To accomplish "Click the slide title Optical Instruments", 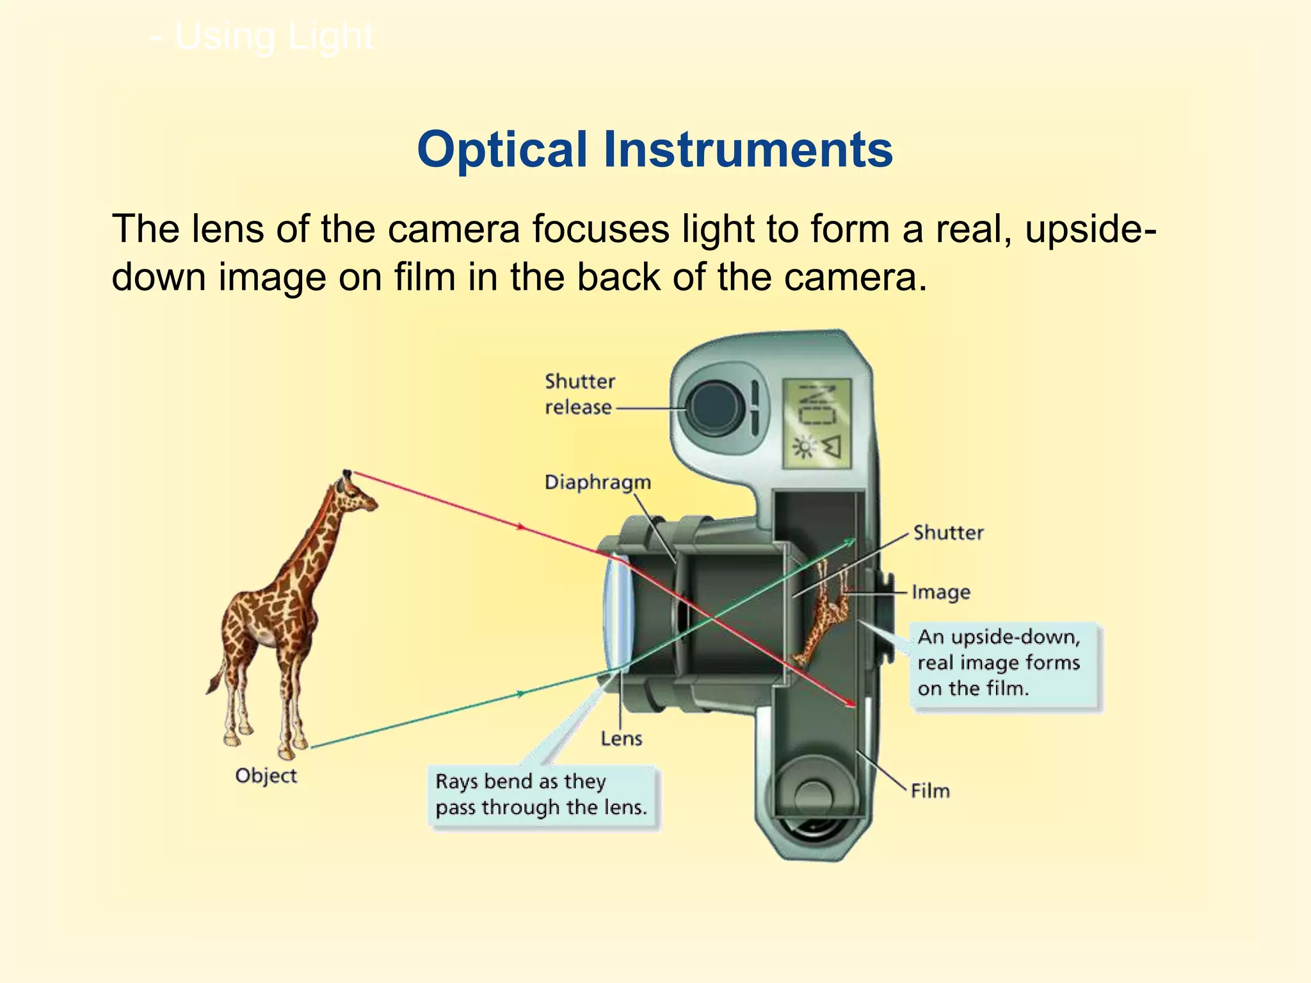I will click(654, 150).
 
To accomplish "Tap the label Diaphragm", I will click(597, 483).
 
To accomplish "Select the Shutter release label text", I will click(579, 394).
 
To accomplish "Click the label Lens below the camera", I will click(621, 739).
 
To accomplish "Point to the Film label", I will click(930, 791).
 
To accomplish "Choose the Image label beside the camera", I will click(940, 592).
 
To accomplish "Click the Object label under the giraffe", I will click(266, 776).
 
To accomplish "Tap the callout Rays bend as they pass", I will click(542, 794).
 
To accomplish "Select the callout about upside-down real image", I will click(999, 662).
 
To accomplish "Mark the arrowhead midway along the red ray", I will click(521, 527).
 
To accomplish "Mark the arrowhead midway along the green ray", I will click(522, 693).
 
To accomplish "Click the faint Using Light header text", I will click(262, 36).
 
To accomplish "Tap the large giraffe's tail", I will click(213, 682).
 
